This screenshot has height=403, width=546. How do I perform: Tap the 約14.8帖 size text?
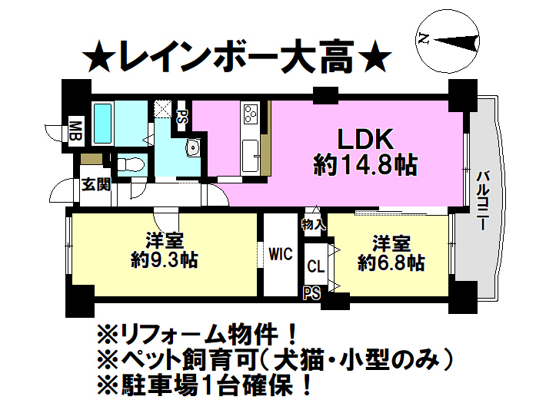365,164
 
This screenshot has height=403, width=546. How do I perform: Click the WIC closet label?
280,255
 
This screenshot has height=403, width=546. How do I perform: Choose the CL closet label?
315,267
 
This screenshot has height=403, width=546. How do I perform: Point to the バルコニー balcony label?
482,200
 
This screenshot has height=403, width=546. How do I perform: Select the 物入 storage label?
314,225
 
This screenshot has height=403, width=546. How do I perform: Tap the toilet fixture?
133,164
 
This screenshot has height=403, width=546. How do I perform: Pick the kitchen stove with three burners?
251,115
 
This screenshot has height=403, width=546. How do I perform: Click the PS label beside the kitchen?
182,117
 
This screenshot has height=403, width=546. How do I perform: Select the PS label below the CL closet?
311,292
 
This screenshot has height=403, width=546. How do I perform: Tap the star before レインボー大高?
98,57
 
